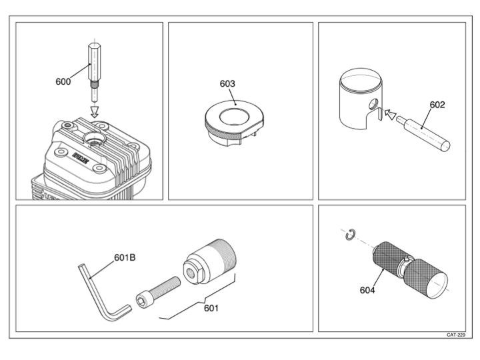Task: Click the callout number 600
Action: point(63,81)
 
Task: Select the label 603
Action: point(227,85)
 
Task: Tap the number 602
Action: point(437,105)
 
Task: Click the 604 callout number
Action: point(367,291)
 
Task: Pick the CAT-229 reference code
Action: point(456,335)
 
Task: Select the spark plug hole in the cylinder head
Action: point(91,137)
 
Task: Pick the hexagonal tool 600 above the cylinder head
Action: point(94,67)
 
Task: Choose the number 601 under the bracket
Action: point(211,309)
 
